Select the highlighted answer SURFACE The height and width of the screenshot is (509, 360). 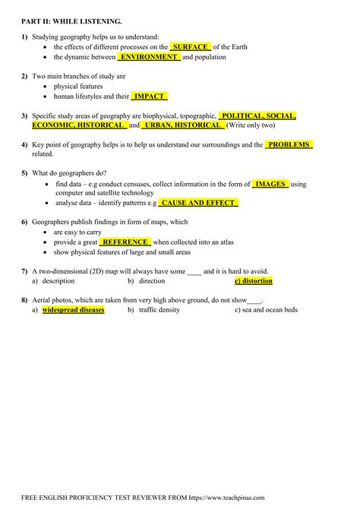pos(190,46)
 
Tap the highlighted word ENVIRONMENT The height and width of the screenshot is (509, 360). pos(149,57)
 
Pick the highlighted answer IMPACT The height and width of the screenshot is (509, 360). pos(149,96)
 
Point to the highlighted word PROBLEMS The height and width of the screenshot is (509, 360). pos(289,144)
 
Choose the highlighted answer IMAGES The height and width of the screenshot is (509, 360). pos(270,184)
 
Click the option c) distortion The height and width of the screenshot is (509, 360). pos(253,281)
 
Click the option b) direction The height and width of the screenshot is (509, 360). pos(147,281)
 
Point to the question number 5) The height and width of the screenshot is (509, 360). pos(25,174)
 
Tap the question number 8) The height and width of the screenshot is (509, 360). pos(25,300)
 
